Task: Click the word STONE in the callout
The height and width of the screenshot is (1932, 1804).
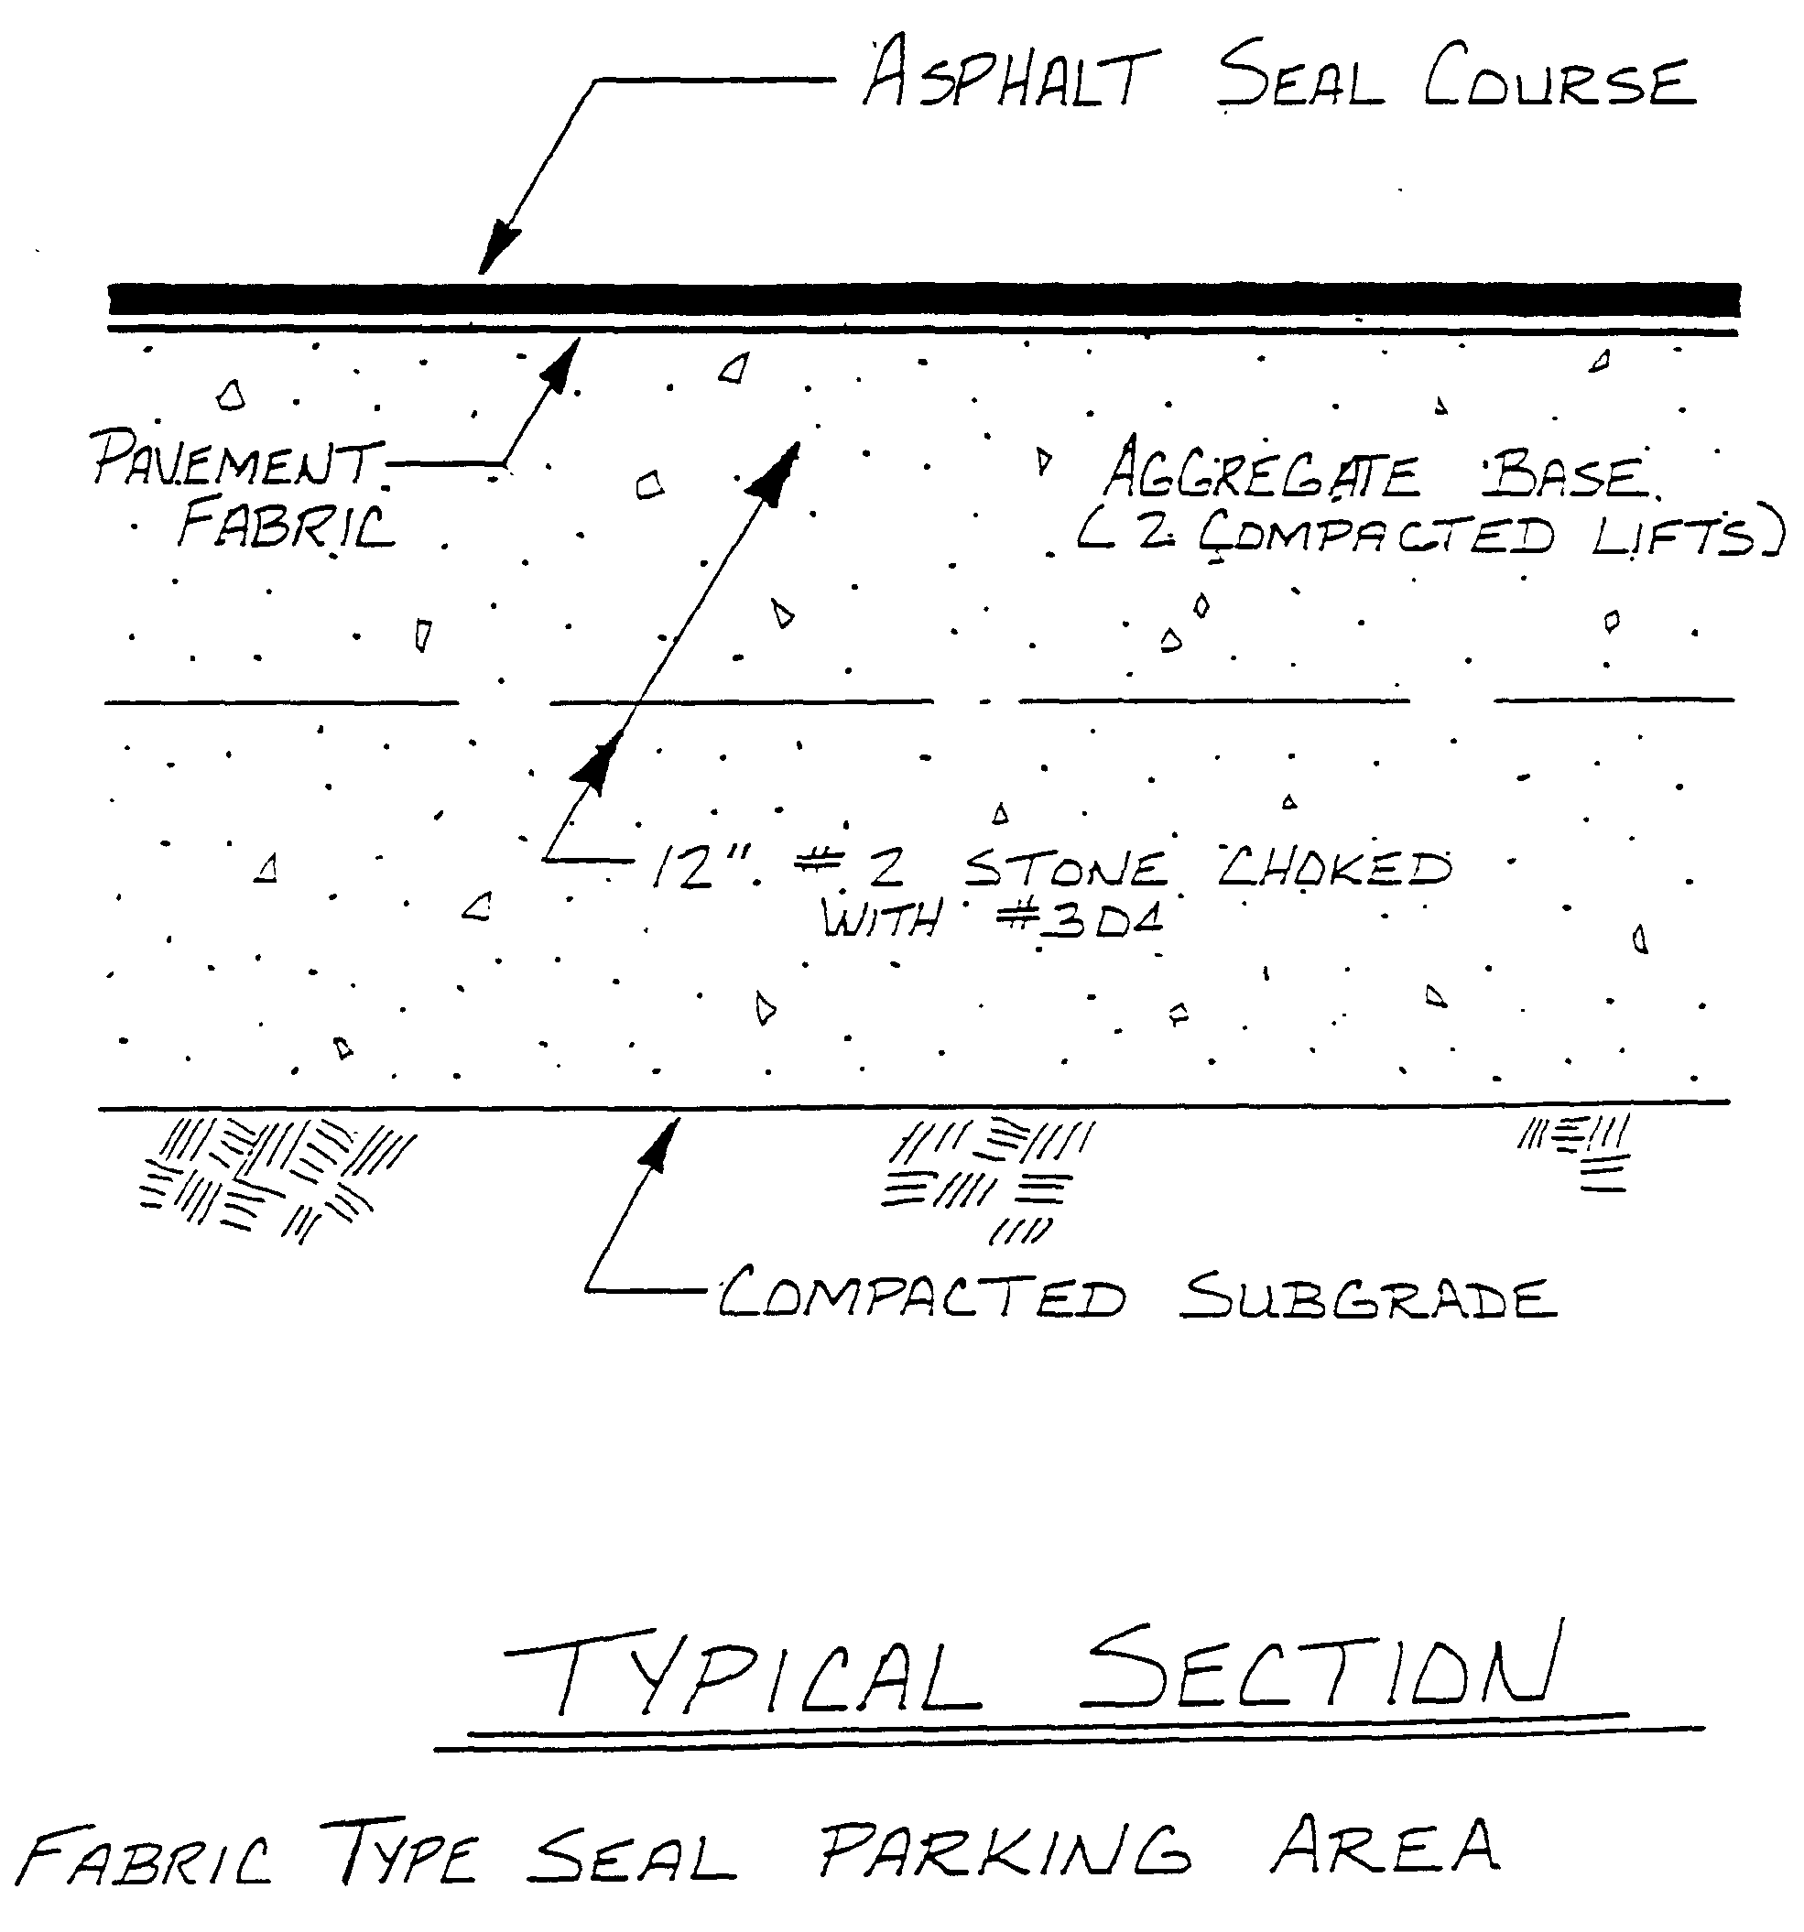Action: point(1065,867)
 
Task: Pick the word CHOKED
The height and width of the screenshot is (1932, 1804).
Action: point(1333,865)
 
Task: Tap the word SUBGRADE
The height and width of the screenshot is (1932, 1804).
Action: point(1368,1297)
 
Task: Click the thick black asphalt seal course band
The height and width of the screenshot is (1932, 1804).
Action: point(923,298)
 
